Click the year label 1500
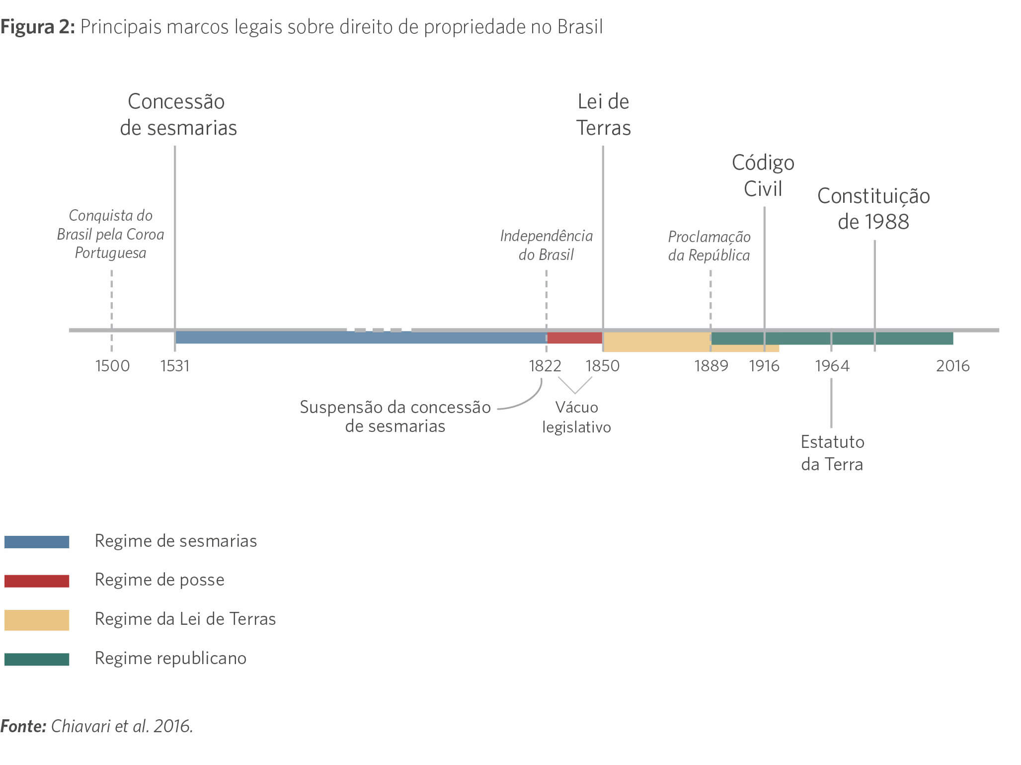pos(112,366)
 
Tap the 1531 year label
pos(175,366)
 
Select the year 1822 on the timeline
pos(545,366)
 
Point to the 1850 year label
pos(602,366)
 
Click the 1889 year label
pos(711,366)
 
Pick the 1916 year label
pos(764,366)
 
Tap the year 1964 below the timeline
pos(832,366)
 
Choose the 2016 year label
pos(952,366)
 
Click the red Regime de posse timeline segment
pos(574,338)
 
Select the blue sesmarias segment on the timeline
pos(360,338)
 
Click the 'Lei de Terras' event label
pos(603,115)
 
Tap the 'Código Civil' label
pos(763,175)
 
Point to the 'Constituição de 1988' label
pos(873,209)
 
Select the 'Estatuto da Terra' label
pos(832,453)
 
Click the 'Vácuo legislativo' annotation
pos(576,417)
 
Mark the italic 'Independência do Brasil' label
pos(546,245)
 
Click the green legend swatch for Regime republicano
pos(37,659)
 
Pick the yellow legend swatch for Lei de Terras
pos(37,620)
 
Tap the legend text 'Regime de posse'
pos(159,580)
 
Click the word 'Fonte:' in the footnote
pos(23,726)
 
